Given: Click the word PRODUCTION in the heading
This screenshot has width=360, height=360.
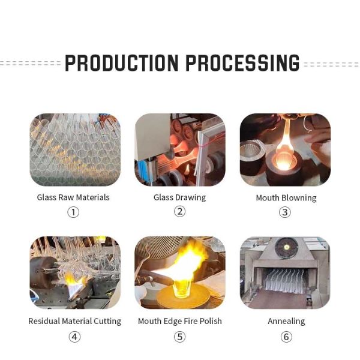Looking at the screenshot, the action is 121,62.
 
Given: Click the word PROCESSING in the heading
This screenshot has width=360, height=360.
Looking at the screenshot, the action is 242,62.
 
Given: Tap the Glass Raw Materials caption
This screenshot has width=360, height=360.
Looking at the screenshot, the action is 73,197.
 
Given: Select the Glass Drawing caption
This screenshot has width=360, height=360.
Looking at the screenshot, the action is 179,197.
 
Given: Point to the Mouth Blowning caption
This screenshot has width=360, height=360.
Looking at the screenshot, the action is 286,198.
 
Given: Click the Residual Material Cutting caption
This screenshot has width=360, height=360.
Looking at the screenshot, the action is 74,321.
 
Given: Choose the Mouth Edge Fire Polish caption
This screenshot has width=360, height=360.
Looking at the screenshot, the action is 180,321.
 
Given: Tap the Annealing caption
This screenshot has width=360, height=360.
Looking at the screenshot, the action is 286,321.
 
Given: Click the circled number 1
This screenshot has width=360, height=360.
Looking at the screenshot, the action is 73,212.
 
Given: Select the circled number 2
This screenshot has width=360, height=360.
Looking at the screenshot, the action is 180,211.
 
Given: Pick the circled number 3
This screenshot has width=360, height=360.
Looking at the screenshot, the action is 285,212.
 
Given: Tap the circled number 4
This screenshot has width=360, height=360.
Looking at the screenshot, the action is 74,337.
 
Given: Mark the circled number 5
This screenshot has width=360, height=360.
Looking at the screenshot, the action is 180,337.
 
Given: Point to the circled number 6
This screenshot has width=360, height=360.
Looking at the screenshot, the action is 286,337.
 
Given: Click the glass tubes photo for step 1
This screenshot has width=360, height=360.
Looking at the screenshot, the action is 75,149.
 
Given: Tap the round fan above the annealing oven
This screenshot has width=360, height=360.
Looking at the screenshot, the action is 286,247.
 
